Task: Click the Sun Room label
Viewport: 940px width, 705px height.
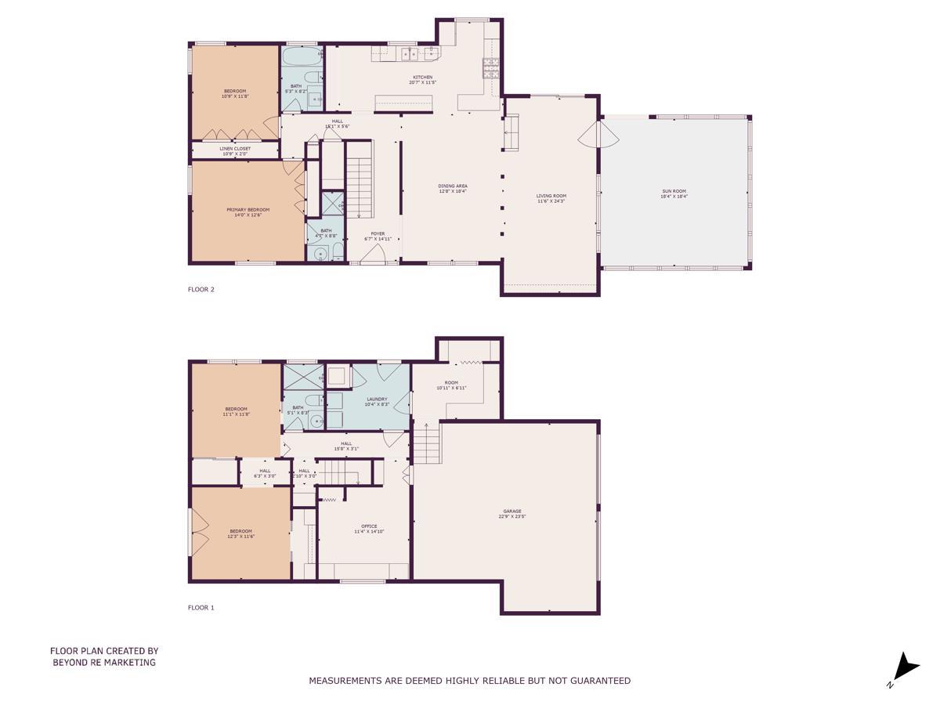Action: point(673,193)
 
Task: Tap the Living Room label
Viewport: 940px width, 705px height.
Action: point(551,198)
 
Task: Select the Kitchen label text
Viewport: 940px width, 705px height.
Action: point(423,79)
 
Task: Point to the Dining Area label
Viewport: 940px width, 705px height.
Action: point(453,188)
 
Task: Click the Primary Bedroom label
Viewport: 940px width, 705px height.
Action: point(248,211)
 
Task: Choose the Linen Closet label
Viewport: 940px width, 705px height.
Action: point(235,150)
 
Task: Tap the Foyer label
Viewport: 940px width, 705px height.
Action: point(378,235)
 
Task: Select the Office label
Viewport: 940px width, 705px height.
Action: point(369,528)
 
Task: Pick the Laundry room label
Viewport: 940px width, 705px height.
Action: point(377,401)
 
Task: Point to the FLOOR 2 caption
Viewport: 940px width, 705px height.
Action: point(201,289)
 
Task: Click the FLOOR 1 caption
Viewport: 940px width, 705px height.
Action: point(201,607)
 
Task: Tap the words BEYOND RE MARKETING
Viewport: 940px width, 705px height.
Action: point(104,662)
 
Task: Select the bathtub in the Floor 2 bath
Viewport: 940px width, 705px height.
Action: point(301,57)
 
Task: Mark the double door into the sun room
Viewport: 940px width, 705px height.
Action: point(599,135)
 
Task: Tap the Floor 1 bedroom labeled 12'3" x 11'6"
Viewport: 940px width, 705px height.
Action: point(241,533)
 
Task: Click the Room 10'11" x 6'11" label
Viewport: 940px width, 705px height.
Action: point(451,385)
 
